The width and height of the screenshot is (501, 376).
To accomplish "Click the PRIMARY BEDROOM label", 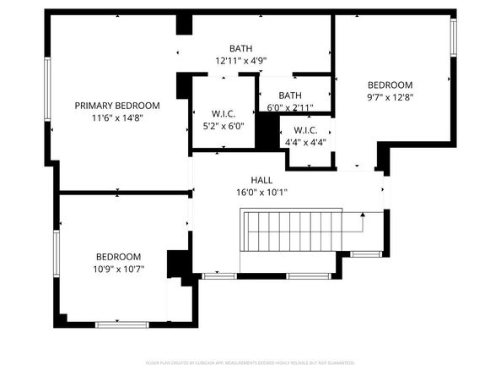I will [117, 106].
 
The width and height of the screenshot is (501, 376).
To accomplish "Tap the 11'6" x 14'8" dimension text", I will [117, 117].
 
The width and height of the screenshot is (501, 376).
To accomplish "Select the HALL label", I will [261, 180].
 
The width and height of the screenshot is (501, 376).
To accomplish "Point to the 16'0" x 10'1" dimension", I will [261, 192].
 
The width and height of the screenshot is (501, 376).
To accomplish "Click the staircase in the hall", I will [291, 231].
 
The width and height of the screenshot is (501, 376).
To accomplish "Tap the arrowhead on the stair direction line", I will [363, 215].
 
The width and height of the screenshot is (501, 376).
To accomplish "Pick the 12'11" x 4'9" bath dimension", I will [241, 61].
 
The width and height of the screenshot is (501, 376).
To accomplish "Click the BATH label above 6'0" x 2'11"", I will [290, 95].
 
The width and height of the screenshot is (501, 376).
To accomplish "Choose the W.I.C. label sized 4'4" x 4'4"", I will [304, 130].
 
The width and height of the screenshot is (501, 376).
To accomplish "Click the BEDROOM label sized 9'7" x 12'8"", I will [390, 84].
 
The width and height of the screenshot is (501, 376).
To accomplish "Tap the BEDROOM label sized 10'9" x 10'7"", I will [118, 257].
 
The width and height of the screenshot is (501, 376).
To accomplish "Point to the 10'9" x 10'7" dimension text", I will [118, 270].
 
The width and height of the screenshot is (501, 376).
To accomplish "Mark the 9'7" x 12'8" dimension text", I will [390, 96].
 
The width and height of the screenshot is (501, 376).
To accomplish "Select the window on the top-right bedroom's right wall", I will [453, 38].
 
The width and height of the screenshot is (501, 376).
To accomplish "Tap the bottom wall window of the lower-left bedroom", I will [121, 324].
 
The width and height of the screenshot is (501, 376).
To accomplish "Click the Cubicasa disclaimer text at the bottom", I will [250, 362].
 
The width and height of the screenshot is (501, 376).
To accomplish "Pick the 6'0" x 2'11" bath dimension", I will [290, 107].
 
